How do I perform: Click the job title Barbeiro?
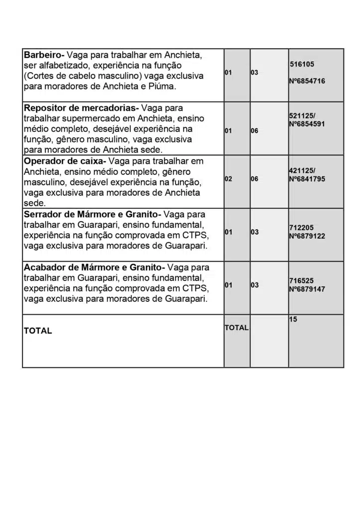tap(44, 54)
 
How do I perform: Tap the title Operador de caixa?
tap(64, 161)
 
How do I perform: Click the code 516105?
tap(302, 64)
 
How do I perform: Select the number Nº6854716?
tap(307, 81)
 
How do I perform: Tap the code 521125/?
tap(302, 115)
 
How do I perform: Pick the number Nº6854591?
tap(307, 123)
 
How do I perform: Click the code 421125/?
tap(302, 170)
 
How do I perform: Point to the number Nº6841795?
tap(307, 178)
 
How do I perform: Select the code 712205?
tap(301, 228)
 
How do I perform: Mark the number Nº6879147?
tap(307, 289)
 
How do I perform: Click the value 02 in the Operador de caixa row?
tap(228, 178)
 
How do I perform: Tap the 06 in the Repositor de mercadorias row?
tap(254, 131)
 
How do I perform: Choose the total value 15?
tap(293, 319)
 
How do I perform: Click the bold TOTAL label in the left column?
tap(38, 331)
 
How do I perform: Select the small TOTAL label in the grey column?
tap(236, 328)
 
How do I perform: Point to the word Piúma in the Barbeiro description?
tap(165, 86)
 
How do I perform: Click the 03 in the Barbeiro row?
tap(254, 73)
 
